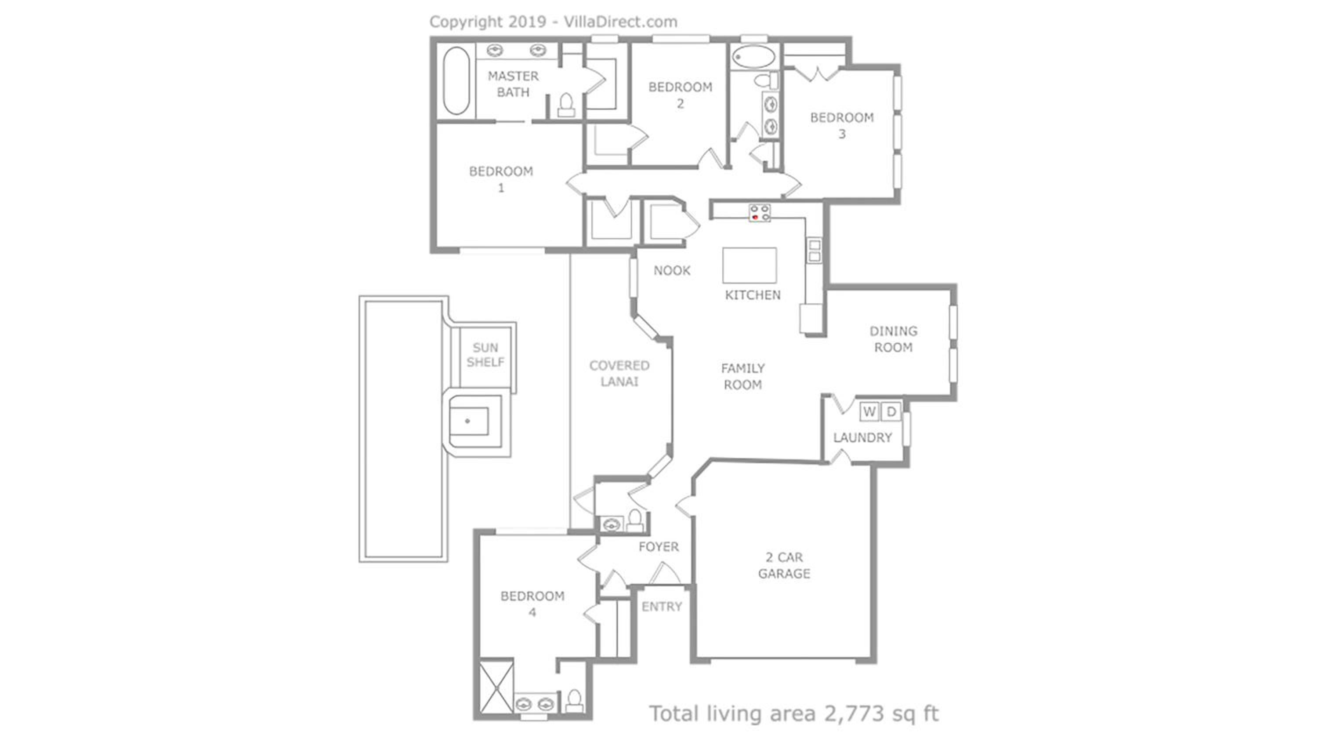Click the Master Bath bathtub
(456, 80)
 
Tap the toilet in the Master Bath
(566, 105)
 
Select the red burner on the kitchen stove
(755, 218)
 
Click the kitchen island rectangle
(749, 265)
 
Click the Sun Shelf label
(485, 355)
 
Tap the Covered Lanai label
(619, 373)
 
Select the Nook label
(672, 270)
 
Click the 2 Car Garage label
(784, 565)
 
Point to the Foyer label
(659, 547)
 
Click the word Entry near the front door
(662, 607)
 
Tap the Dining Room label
(893, 339)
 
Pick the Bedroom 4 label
(532, 604)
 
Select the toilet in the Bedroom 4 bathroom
(574, 701)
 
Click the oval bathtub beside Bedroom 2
(753, 57)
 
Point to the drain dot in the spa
(467, 421)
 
